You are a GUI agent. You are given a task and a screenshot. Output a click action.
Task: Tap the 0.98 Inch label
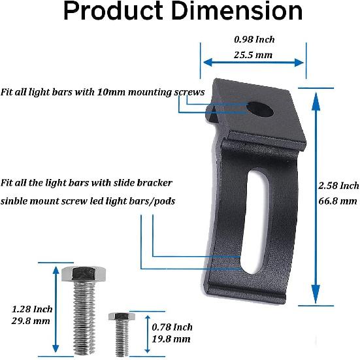(255, 39)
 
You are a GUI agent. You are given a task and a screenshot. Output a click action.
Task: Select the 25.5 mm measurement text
(254, 55)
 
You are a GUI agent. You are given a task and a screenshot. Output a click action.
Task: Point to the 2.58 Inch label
(340, 186)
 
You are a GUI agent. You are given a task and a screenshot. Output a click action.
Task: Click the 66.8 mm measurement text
(340, 201)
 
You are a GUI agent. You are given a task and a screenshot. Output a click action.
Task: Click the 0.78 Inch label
(172, 327)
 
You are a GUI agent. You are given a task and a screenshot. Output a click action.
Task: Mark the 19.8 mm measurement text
(171, 338)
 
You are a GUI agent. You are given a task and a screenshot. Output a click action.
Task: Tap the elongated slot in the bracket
(251, 222)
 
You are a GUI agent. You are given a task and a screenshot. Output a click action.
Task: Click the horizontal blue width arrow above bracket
(253, 63)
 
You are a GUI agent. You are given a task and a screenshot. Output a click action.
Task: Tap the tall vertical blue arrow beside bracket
(316, 196)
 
